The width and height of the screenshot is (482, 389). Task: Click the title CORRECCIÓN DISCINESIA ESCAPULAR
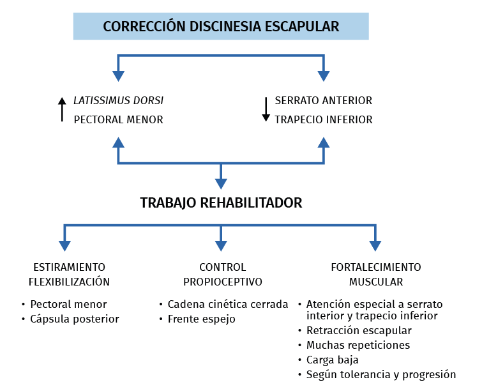click(x=221, y=27)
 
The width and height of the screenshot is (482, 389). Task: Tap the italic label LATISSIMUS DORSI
click(x=119, y=100)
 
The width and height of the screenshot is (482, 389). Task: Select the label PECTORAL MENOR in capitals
click(x=118, y=119)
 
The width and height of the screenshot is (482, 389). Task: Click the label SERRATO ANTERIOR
click(x=323, y=100)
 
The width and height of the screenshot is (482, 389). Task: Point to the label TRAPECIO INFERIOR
click(x=323, y=119)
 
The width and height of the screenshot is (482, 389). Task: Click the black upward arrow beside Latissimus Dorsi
click(x=62, y=109)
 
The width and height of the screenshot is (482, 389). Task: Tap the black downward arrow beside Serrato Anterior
click(x=266, y=109)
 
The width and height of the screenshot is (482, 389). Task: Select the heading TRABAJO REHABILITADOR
click(x=221, y=203)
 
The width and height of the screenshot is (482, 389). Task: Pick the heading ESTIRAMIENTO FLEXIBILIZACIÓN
click(x=69, y=274)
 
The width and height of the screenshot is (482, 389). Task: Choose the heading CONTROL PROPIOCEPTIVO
click(x=222, y=274)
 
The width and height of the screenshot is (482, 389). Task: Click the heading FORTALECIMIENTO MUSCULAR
click(x=375, y=274)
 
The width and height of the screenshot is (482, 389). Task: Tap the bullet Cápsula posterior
click(x=74, y=319)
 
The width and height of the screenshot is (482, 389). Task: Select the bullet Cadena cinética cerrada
click(x=227, y=304)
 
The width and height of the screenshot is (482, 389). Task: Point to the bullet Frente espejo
click(x=201, y=319)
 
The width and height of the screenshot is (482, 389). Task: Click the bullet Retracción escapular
click(x=359, y=330)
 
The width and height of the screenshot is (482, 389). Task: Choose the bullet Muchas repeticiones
click(x=358, y=345)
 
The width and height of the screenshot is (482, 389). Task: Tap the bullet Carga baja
click(x=332, y=360)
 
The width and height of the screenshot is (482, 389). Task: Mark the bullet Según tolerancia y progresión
click(x=381, y=374)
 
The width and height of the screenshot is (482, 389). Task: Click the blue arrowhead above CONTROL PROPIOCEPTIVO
click(x=221, y=245)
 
